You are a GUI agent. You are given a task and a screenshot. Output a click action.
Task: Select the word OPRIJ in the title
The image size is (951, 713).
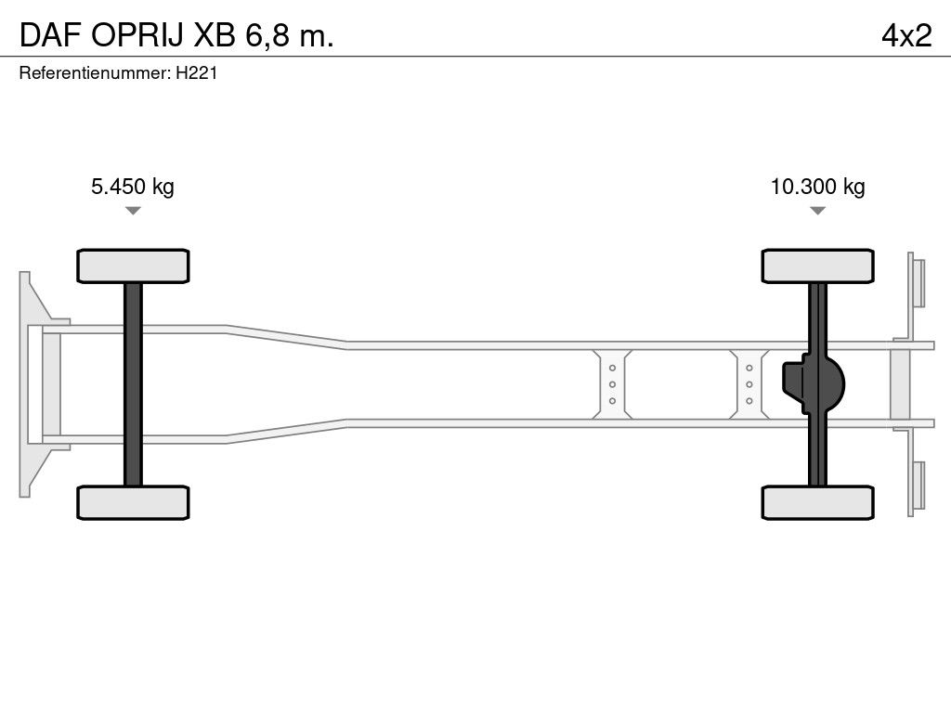click(137, 35)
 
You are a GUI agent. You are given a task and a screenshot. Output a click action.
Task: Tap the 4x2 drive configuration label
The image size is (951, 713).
click(906, 35)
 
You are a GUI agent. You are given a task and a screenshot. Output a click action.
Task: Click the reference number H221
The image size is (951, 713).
click(197, 73)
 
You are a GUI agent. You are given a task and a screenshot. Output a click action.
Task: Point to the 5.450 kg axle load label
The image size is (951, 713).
click(133, 187)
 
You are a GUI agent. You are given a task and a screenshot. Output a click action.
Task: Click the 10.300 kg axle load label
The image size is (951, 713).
click(817, 187)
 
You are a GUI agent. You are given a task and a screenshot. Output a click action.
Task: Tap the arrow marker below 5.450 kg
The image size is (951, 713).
click(133, 211)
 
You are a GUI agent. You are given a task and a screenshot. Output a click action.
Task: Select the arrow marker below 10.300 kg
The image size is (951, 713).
click(817, 211)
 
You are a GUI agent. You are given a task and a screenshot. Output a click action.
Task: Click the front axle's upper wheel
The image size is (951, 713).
click(133, 266)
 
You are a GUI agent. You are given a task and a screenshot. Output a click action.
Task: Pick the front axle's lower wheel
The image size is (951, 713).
click(133, 502)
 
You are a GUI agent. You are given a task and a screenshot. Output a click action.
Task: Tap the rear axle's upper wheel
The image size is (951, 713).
click(817, 266)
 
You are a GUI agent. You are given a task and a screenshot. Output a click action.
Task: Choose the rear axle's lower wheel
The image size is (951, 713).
click(817, 502)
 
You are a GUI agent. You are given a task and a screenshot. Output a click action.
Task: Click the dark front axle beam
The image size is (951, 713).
click(133, 384)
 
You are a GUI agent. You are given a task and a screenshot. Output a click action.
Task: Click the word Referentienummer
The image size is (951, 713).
click(94, 73)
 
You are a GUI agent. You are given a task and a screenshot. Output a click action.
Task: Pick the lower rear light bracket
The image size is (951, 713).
click(918, 488)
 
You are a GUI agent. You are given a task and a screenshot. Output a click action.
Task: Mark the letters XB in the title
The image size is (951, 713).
click(215, 35)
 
